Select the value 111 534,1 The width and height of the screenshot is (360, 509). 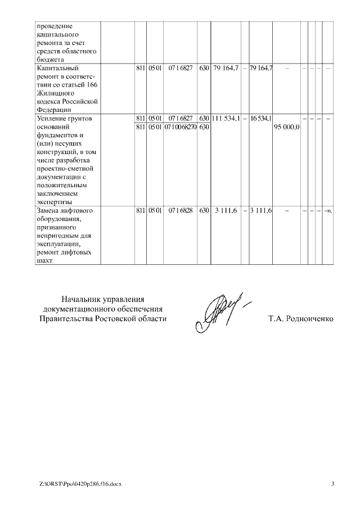226,119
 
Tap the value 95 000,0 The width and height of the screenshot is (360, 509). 286,127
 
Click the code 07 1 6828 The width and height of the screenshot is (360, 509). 180,210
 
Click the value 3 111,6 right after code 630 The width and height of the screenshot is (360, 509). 226,210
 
